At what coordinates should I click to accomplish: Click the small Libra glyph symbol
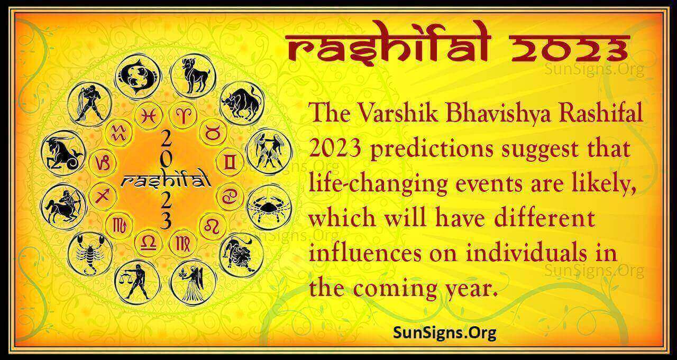click(x=149, y=242)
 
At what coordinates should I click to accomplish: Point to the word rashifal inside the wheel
click(x=166, y=181)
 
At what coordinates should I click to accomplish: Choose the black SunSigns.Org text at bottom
click(x=438, y=333)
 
